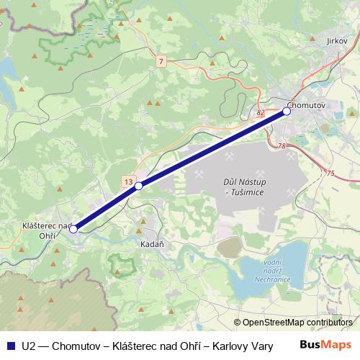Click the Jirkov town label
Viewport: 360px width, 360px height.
point(336,42)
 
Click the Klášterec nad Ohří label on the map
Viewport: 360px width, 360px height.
point(45,230)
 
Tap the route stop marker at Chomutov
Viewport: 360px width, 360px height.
point(287,111)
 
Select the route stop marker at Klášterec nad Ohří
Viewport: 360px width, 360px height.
point(73,229)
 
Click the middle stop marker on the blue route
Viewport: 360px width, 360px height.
point(139,186)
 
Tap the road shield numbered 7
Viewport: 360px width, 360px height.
point(160,62)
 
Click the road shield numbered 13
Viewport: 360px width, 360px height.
point(127,181)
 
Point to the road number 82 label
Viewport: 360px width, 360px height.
point(260,113)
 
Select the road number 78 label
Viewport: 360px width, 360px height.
point(282,147)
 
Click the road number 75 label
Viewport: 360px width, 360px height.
point(330,173)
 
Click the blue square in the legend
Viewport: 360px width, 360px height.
point(10,345)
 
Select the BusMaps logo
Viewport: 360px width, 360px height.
point(325,344)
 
